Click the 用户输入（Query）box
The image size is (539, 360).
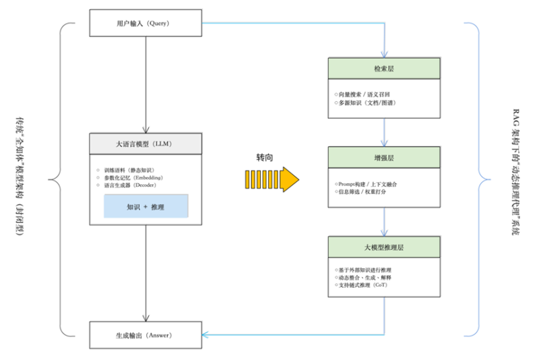click(x=146, y=23)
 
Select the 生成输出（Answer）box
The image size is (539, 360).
click(x=146, y=334)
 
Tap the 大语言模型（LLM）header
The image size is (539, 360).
click(x=146, y=144)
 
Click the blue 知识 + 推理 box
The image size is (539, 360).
click(x=146, y=206)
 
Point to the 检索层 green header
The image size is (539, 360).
click(x=384, y=68)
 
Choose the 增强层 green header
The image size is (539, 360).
click(x=384, y=157)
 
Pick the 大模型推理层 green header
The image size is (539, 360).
click(x=384, y=247)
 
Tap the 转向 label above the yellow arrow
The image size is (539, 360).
click(x=265, y=156)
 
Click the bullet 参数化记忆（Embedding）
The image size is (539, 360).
click(x=133, y=177)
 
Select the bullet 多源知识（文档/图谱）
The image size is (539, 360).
click(x=364, y=103)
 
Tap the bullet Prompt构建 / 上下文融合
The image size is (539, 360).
click(x=368, y=183)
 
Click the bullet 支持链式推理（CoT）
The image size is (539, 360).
click(x=364, y=285)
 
